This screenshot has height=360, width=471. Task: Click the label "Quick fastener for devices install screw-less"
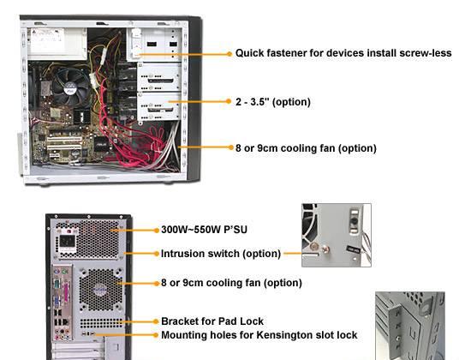coord(343,53)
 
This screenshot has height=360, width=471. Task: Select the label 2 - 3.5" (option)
coord(273,102)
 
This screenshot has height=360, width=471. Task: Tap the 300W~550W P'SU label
coord(204,230)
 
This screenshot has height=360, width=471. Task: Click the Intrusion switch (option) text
coord(221,254)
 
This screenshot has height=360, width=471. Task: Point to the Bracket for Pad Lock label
coord(212,321)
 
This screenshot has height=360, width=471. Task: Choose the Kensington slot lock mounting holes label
coord(259,335)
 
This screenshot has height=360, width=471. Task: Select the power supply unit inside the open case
coord(57,44)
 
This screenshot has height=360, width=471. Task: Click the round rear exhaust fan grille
coord(101,290)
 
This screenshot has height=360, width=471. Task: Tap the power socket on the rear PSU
coord(68,241)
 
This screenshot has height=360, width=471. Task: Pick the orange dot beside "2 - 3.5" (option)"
coord(229,101)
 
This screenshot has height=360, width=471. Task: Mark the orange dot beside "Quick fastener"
coord(230,54)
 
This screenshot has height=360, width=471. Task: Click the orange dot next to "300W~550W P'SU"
coord(157,231)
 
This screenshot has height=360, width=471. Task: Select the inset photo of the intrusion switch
coord(337,235)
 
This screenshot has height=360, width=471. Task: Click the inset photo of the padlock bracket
coord(410,326)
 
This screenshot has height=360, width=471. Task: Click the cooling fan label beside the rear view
coord(231,283)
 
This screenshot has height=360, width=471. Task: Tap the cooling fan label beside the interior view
coord(306,148)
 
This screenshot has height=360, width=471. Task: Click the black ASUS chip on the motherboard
coord(101,144)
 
